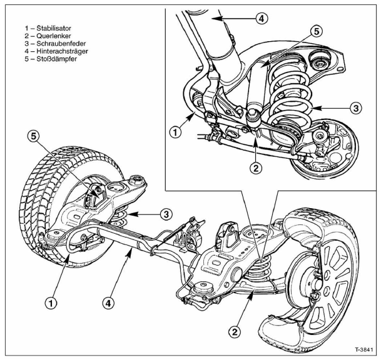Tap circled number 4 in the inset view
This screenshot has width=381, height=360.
263,18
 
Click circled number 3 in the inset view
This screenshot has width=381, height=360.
355,107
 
